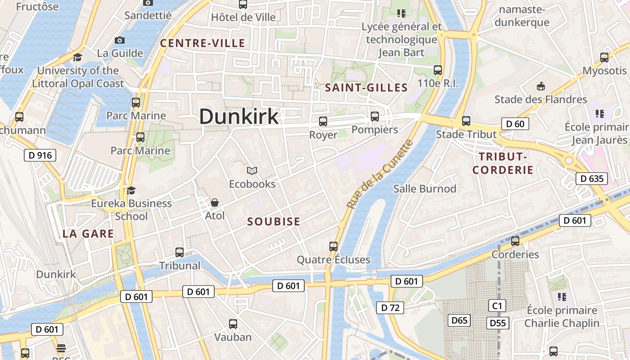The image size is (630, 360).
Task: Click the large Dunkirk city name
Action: (239, 117)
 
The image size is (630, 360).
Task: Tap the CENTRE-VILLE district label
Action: (203, 43)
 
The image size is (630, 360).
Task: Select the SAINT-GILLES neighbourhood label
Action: (366, 88)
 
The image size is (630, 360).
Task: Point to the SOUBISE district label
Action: (274, 221)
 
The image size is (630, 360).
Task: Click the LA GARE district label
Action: (88, 234)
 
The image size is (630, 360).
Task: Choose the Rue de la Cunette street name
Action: (380, 174)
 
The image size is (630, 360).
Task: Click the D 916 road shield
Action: (40, 156)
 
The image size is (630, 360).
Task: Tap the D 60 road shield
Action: (515, 124)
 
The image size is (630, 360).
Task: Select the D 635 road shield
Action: (592, 179)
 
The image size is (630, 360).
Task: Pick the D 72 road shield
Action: (390, 308)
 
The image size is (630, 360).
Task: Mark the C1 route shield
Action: (497, 306)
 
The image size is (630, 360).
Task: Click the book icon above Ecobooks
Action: (252, 171)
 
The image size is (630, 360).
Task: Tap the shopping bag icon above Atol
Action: (215, 202)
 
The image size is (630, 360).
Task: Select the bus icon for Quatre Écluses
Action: (333, 246)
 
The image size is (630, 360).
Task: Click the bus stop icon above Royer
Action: (323, 121)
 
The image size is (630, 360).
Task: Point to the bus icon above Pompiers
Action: (375, 117)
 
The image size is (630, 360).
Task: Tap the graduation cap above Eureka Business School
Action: (131, 190)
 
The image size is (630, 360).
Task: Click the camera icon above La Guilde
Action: (120, 40)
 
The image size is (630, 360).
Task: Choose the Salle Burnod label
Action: (425, 189)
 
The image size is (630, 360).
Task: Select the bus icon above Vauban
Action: (233, 324)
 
